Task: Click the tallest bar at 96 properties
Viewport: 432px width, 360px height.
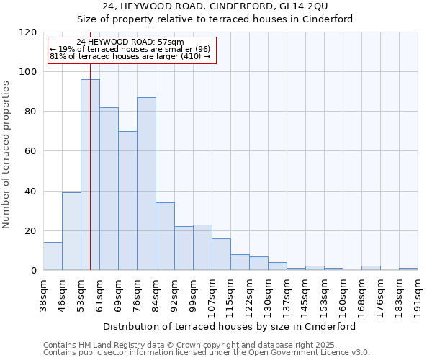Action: pyautogui.click(x=90, y=175)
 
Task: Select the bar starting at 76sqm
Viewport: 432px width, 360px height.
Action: pyautogui.click(x=146, y=184)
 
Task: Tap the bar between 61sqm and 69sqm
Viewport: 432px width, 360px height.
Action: pyautogui.click(x=109, y=189)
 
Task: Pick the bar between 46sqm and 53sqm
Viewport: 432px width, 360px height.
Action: pyautogui.click(x=71, y=231)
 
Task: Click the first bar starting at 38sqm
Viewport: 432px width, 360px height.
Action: pyautogui.click(x=53, y=256)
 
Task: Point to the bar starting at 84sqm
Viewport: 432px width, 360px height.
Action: pyautogui.click(x=165, y=236)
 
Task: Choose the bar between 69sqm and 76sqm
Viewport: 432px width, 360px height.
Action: pyautogui.click(x=127, y=201)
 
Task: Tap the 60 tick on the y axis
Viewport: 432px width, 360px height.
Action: pyautogui.click(x=31, y=151)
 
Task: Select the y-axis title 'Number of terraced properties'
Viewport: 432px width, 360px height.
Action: pyautogui.click(x=7, y=155)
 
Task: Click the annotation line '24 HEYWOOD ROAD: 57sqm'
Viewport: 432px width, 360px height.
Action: pyautogui.click(x=130, y=42)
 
